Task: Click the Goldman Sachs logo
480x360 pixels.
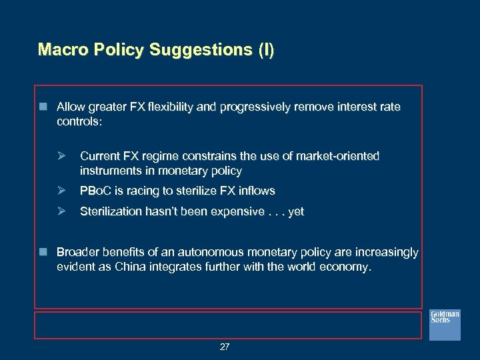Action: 444,325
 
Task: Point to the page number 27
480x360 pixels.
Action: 225,347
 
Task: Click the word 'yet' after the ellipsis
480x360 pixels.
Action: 295,211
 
